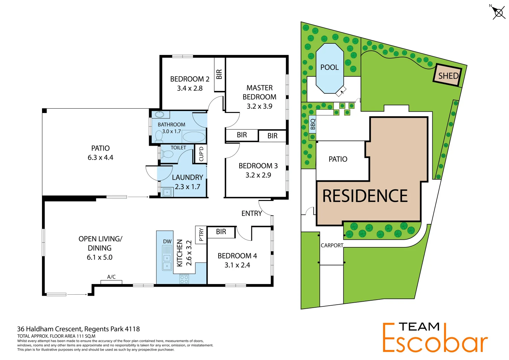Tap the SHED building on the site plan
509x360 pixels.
(448, 76)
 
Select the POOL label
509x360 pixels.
(329, 67)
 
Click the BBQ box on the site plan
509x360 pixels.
(312, 124)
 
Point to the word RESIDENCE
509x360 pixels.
(365, 196)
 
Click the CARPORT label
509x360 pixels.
(332, 245)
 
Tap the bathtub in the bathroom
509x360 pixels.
(194, 137)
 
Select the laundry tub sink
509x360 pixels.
(167, 192)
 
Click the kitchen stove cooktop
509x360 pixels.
(184, 279)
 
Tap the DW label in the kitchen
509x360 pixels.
(167, 241)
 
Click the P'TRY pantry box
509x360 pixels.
(201, 235)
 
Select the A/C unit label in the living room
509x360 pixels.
(111, 277)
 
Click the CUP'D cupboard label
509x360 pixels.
(201, 154)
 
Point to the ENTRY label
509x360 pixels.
(252, 213)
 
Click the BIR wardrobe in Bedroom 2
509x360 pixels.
(219, 74)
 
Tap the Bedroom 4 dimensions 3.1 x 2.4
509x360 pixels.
(237, 265)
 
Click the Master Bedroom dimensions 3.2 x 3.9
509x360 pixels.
(259, 106)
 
